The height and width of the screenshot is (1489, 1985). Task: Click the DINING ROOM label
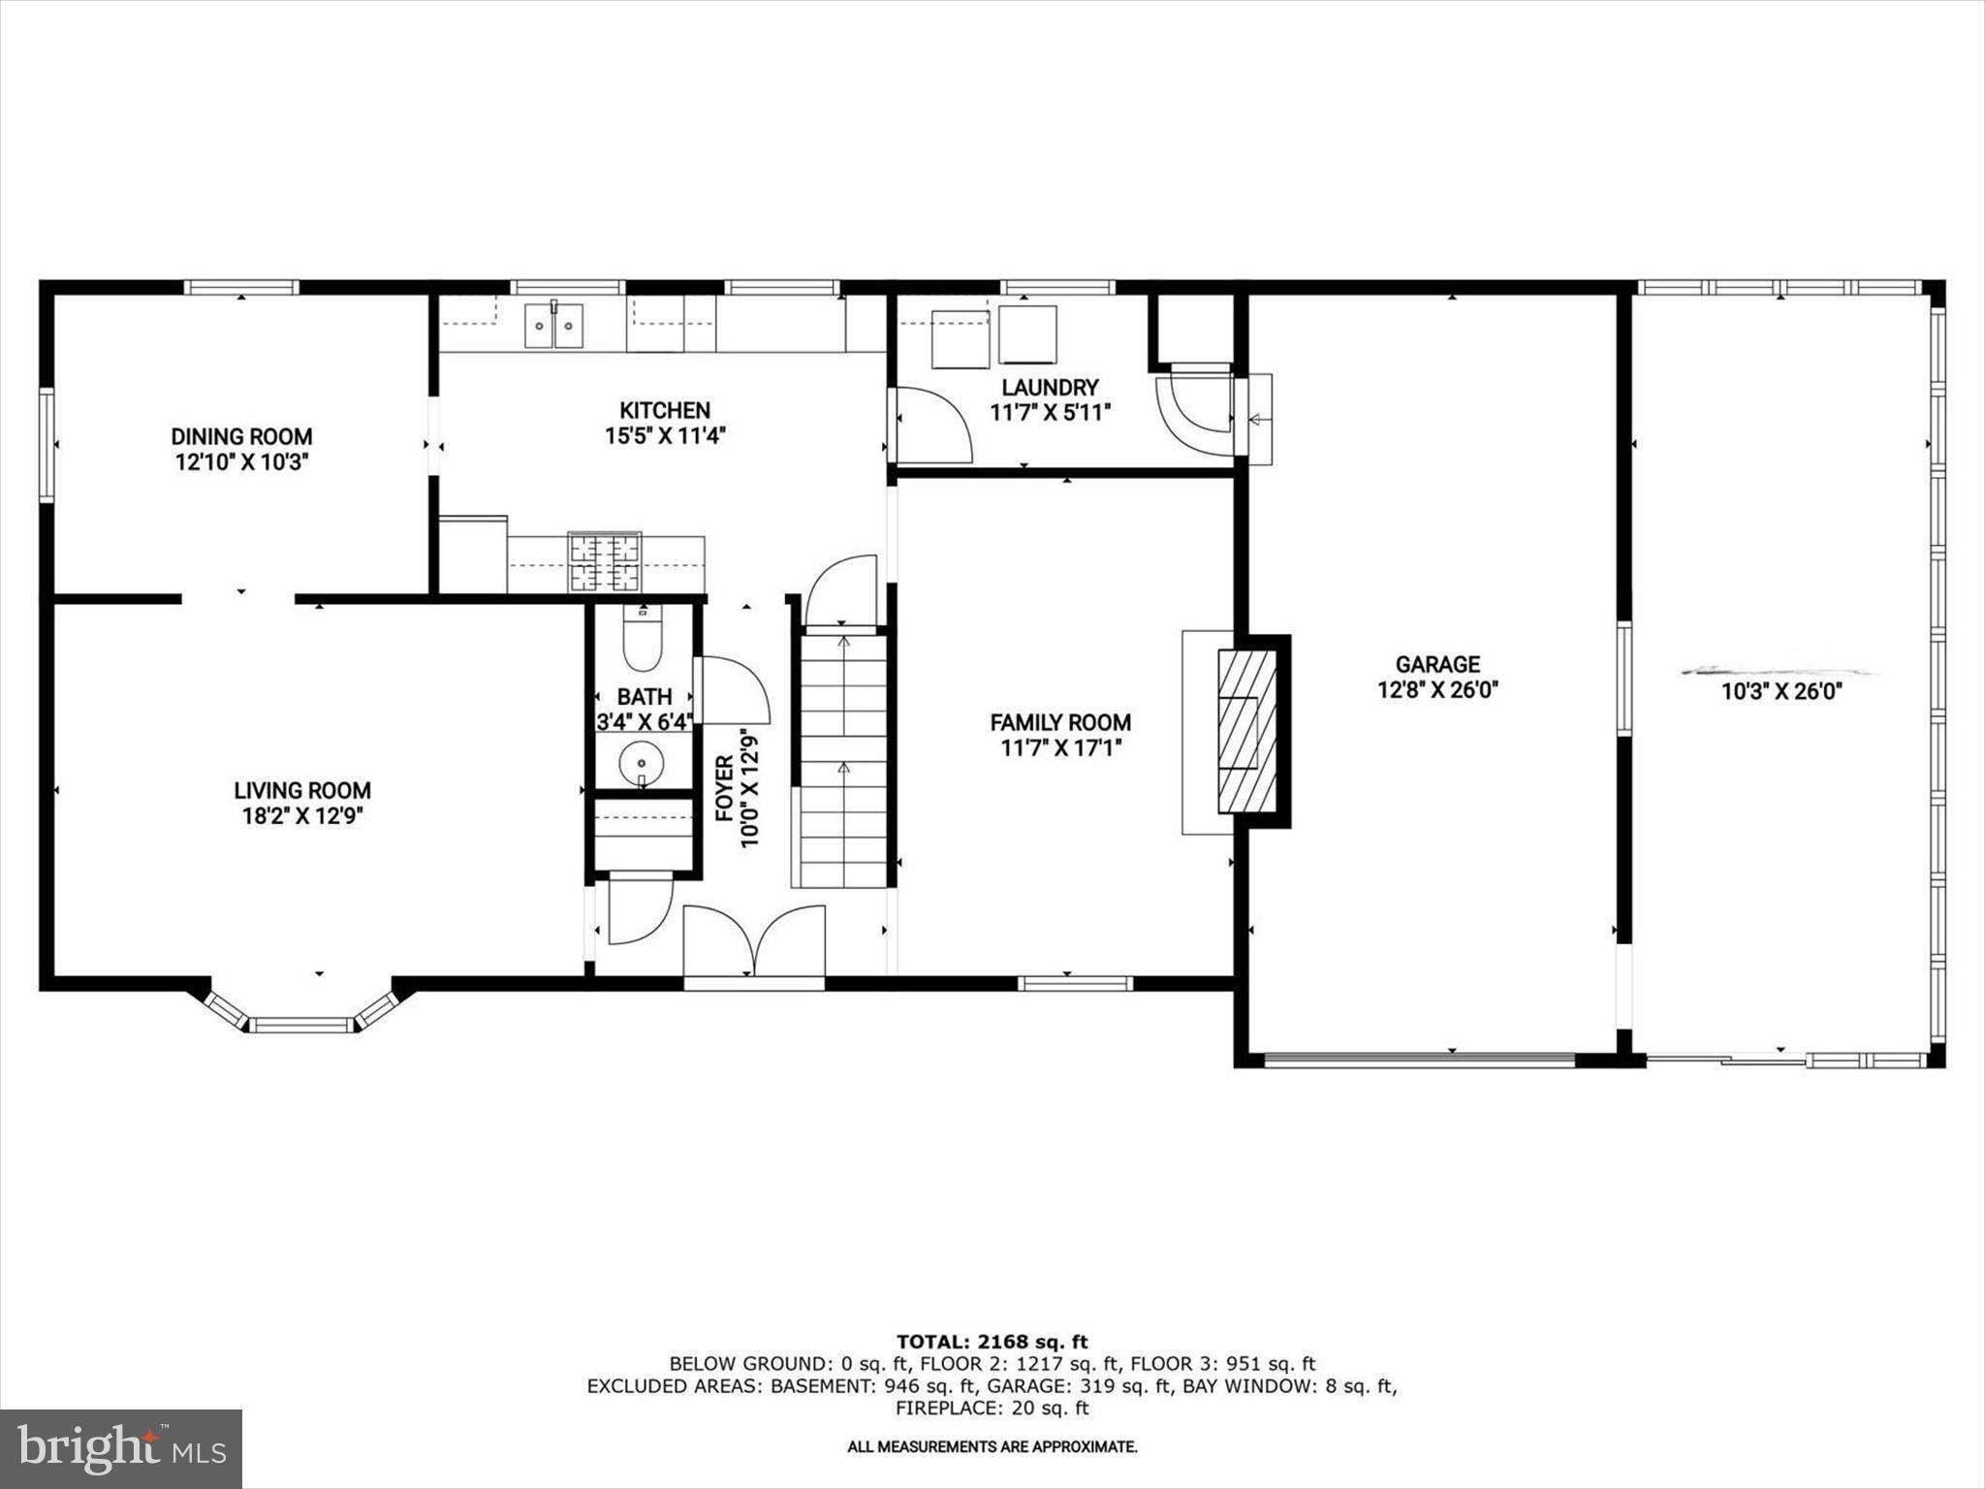point(241,436)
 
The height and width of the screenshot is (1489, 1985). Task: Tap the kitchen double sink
point(555,325)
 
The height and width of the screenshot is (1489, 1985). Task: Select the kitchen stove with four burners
point(605,561)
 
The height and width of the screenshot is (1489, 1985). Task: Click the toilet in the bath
point(642,640)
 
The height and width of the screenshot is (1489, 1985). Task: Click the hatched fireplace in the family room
point(1247,731)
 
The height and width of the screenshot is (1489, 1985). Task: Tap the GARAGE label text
point(1437,664)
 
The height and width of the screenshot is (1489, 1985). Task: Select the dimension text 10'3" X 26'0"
point(1780,692)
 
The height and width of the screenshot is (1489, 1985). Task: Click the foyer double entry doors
point(754,940)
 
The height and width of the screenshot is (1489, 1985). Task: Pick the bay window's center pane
point(301,1025)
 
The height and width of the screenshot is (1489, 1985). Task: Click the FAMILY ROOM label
point(1060,722)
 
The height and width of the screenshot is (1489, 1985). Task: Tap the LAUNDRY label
point(1050,388)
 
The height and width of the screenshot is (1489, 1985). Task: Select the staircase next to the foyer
point(842,756)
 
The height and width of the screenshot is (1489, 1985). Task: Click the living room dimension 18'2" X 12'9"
point(301,816)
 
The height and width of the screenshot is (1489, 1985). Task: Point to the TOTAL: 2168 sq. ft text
point(992,1342)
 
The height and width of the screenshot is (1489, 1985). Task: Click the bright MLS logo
point(121,1448)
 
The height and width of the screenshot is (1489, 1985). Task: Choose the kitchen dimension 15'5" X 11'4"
point(665,436)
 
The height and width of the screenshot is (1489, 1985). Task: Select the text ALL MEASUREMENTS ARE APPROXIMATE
point(992,1447)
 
